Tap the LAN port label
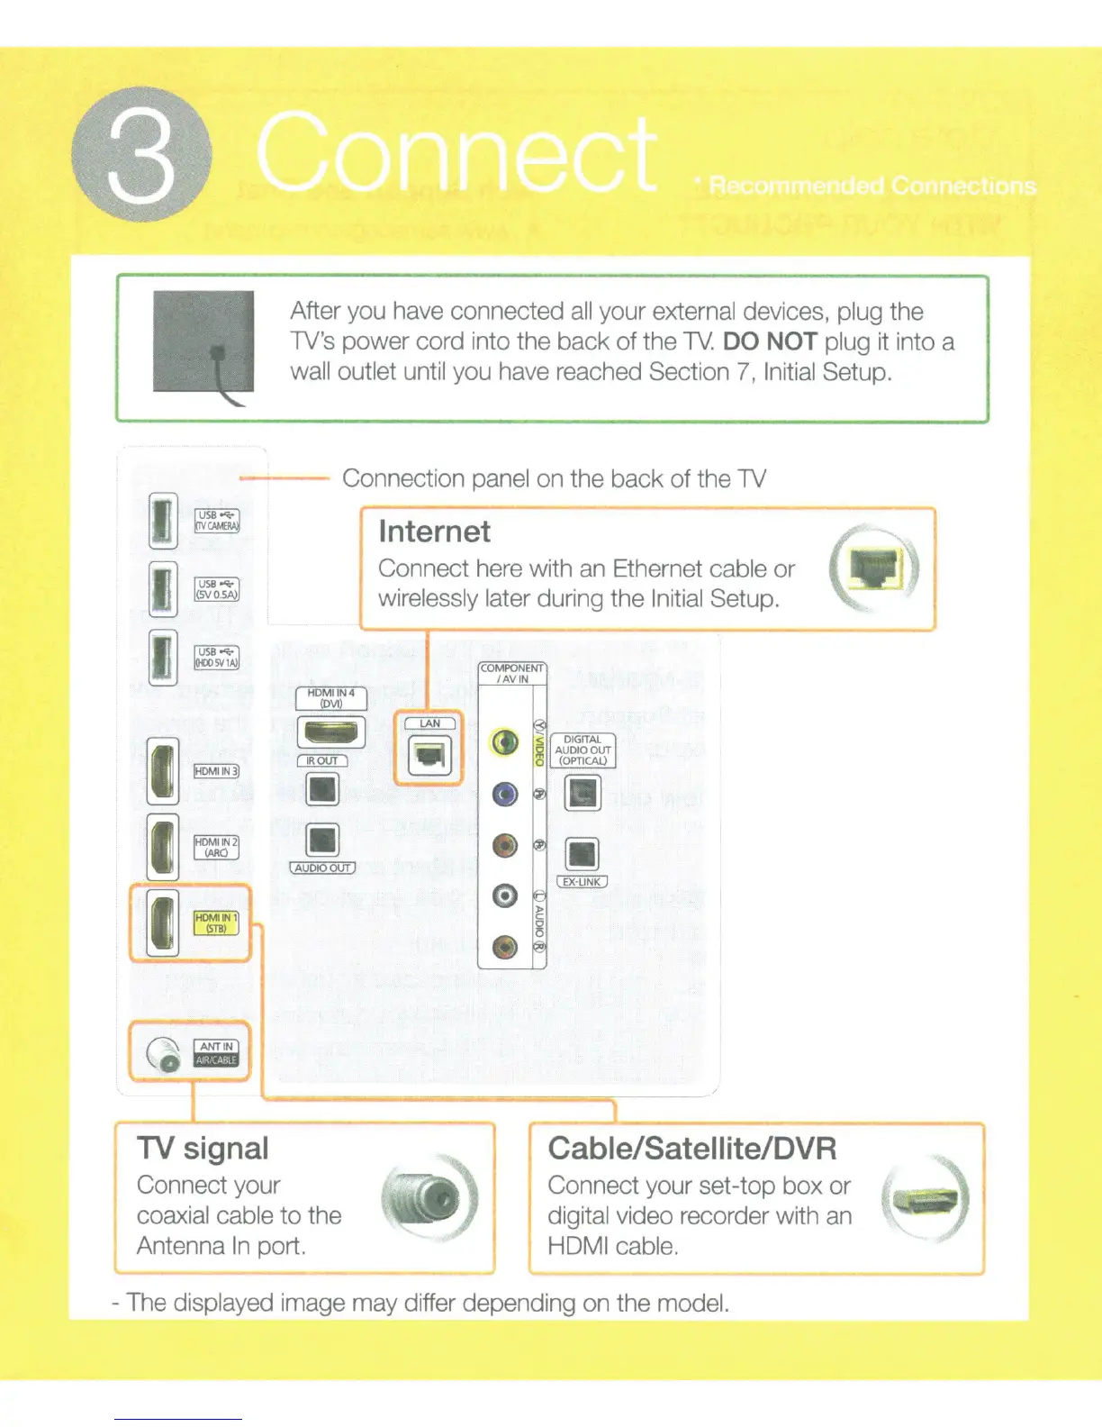[x=430, y=723]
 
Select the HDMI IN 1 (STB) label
[x=216, y=923]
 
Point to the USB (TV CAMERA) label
[x=217, y=521]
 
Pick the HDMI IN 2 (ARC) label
[x=216, y=847]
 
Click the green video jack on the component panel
[x=505, y=742]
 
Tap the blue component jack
[x=505, y=794]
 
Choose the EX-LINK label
[x=583, y=882]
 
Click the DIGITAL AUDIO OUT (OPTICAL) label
[x=583, y=750]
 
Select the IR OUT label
[x=321, y=761]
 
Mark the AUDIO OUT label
[x=322, y=868]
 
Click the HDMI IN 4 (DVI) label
[x=331, y=698]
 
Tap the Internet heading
[x=434, y=532]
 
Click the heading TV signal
[x=203, y=1149]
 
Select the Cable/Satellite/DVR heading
[x=691, y=1149]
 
